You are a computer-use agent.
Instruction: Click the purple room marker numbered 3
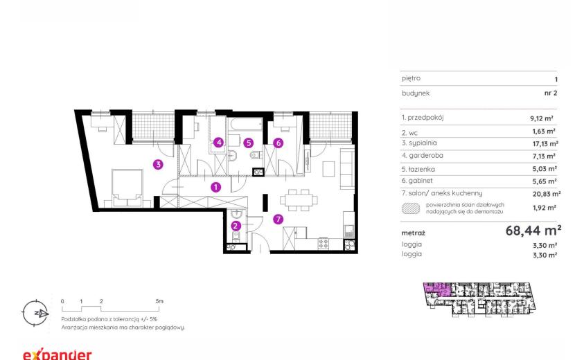pyautogui.click(x=158, y=165)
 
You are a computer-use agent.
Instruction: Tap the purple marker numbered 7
pyautogui.click(x=278, y=219)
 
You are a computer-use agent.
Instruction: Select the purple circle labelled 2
pyautogui.click(x=236, y=226)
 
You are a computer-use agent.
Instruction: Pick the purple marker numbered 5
pyautogui.click(x=249, y=143)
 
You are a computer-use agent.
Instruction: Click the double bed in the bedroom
pyautogui.click(x=127, y=188)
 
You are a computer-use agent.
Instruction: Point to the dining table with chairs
pyautogui.click(x=299, y=200)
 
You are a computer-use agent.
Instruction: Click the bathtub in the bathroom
pyautogui.click(x=246, y=125)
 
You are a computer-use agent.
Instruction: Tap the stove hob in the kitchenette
pyautogui.click(x=324, y=244)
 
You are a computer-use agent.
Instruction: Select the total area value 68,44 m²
pyautogui.click(x=533, y=231)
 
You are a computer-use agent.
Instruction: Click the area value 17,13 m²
pyautogui.click(x=545, y=144)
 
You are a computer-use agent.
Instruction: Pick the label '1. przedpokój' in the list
pyautogui.click(x=423, y=118)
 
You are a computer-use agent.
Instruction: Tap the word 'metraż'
pyautogui.click(x=414, y=233)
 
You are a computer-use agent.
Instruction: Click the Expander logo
pyautogui.click(x=57, y=354)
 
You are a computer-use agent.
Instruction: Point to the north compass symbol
pyautogui.click(x=35, y=313)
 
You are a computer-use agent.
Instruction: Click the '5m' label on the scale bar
pyautogui.click(x=159, y=301)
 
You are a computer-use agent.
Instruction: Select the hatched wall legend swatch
pyautogui.click(x=411, y=208)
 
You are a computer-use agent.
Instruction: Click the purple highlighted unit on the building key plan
pyautogui.click(x=437, y=289)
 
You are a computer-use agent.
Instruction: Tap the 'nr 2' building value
pyautogui.click(x=551, y=93)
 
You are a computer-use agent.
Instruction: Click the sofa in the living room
pyautogui.click(x=347, y=169)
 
